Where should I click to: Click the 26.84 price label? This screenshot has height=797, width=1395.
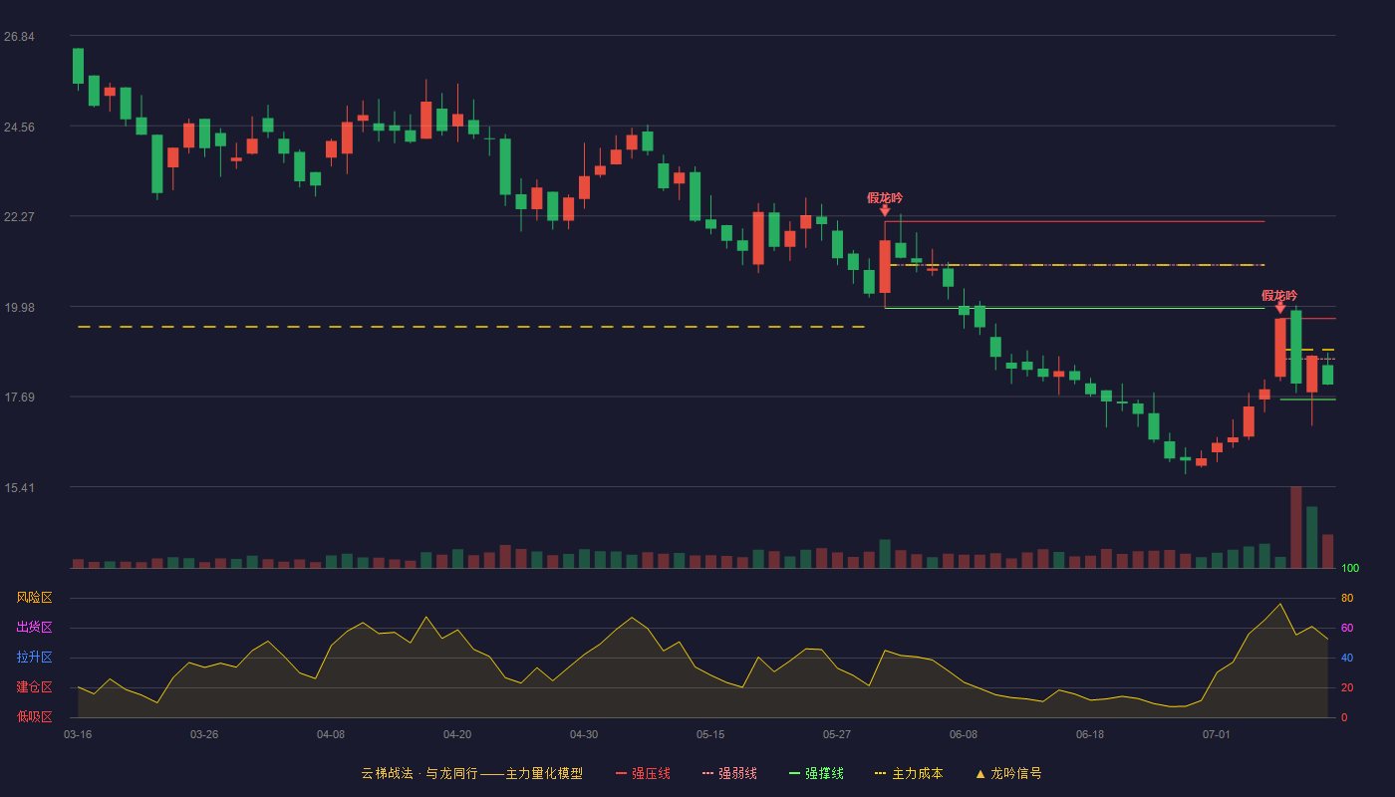pyautogui.click(x=19, y=37)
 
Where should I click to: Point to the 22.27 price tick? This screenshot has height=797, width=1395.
pyautogui.click(x=19, y=217)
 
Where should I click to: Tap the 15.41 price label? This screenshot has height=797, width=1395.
pyautogui.click(x=19, y=487)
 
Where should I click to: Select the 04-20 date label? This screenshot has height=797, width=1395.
pyautogui.click(x=457, y=735)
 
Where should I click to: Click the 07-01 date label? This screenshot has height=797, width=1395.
pyautogui.click(x=1217, y=735)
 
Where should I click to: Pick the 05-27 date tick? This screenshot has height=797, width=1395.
pyautogui.click(x=836, y=735)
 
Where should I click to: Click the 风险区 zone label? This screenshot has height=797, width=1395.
pyautogui.click(x=34, y=598)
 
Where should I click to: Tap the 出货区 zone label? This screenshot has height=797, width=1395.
pyautogui.click(x=34, y=627)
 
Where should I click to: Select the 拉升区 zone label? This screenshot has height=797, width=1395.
pyautogui.click(x=34, y=657)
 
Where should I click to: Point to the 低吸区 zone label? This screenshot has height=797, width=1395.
pyautogui.click(x=34, y=716)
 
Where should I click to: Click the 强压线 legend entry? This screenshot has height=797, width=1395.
pyautogui.click(x=643, y=773)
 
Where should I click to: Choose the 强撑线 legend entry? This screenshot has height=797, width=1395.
pyautogui.click(x=816, y=773)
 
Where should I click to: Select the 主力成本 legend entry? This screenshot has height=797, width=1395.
pyautogui.click(x=909, y=773)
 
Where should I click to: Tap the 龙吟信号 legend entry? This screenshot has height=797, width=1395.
pyautogui.click(x=1008, y=773)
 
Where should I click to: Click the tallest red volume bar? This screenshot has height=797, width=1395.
pyautogui.click(x=1296, y=527)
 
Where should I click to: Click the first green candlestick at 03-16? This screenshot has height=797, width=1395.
pyautogui.click(x=78, y=66)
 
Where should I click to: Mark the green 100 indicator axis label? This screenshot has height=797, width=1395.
pyautogui.click(x=1350, y=568)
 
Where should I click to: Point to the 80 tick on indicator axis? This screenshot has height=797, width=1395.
pyautogui.click(x=1347, y=598)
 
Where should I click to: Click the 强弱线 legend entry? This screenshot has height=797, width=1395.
pyautogui.click(x=729, y=773)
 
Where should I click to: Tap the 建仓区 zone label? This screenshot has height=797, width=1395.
pyautogui.click(x=34, y=686)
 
